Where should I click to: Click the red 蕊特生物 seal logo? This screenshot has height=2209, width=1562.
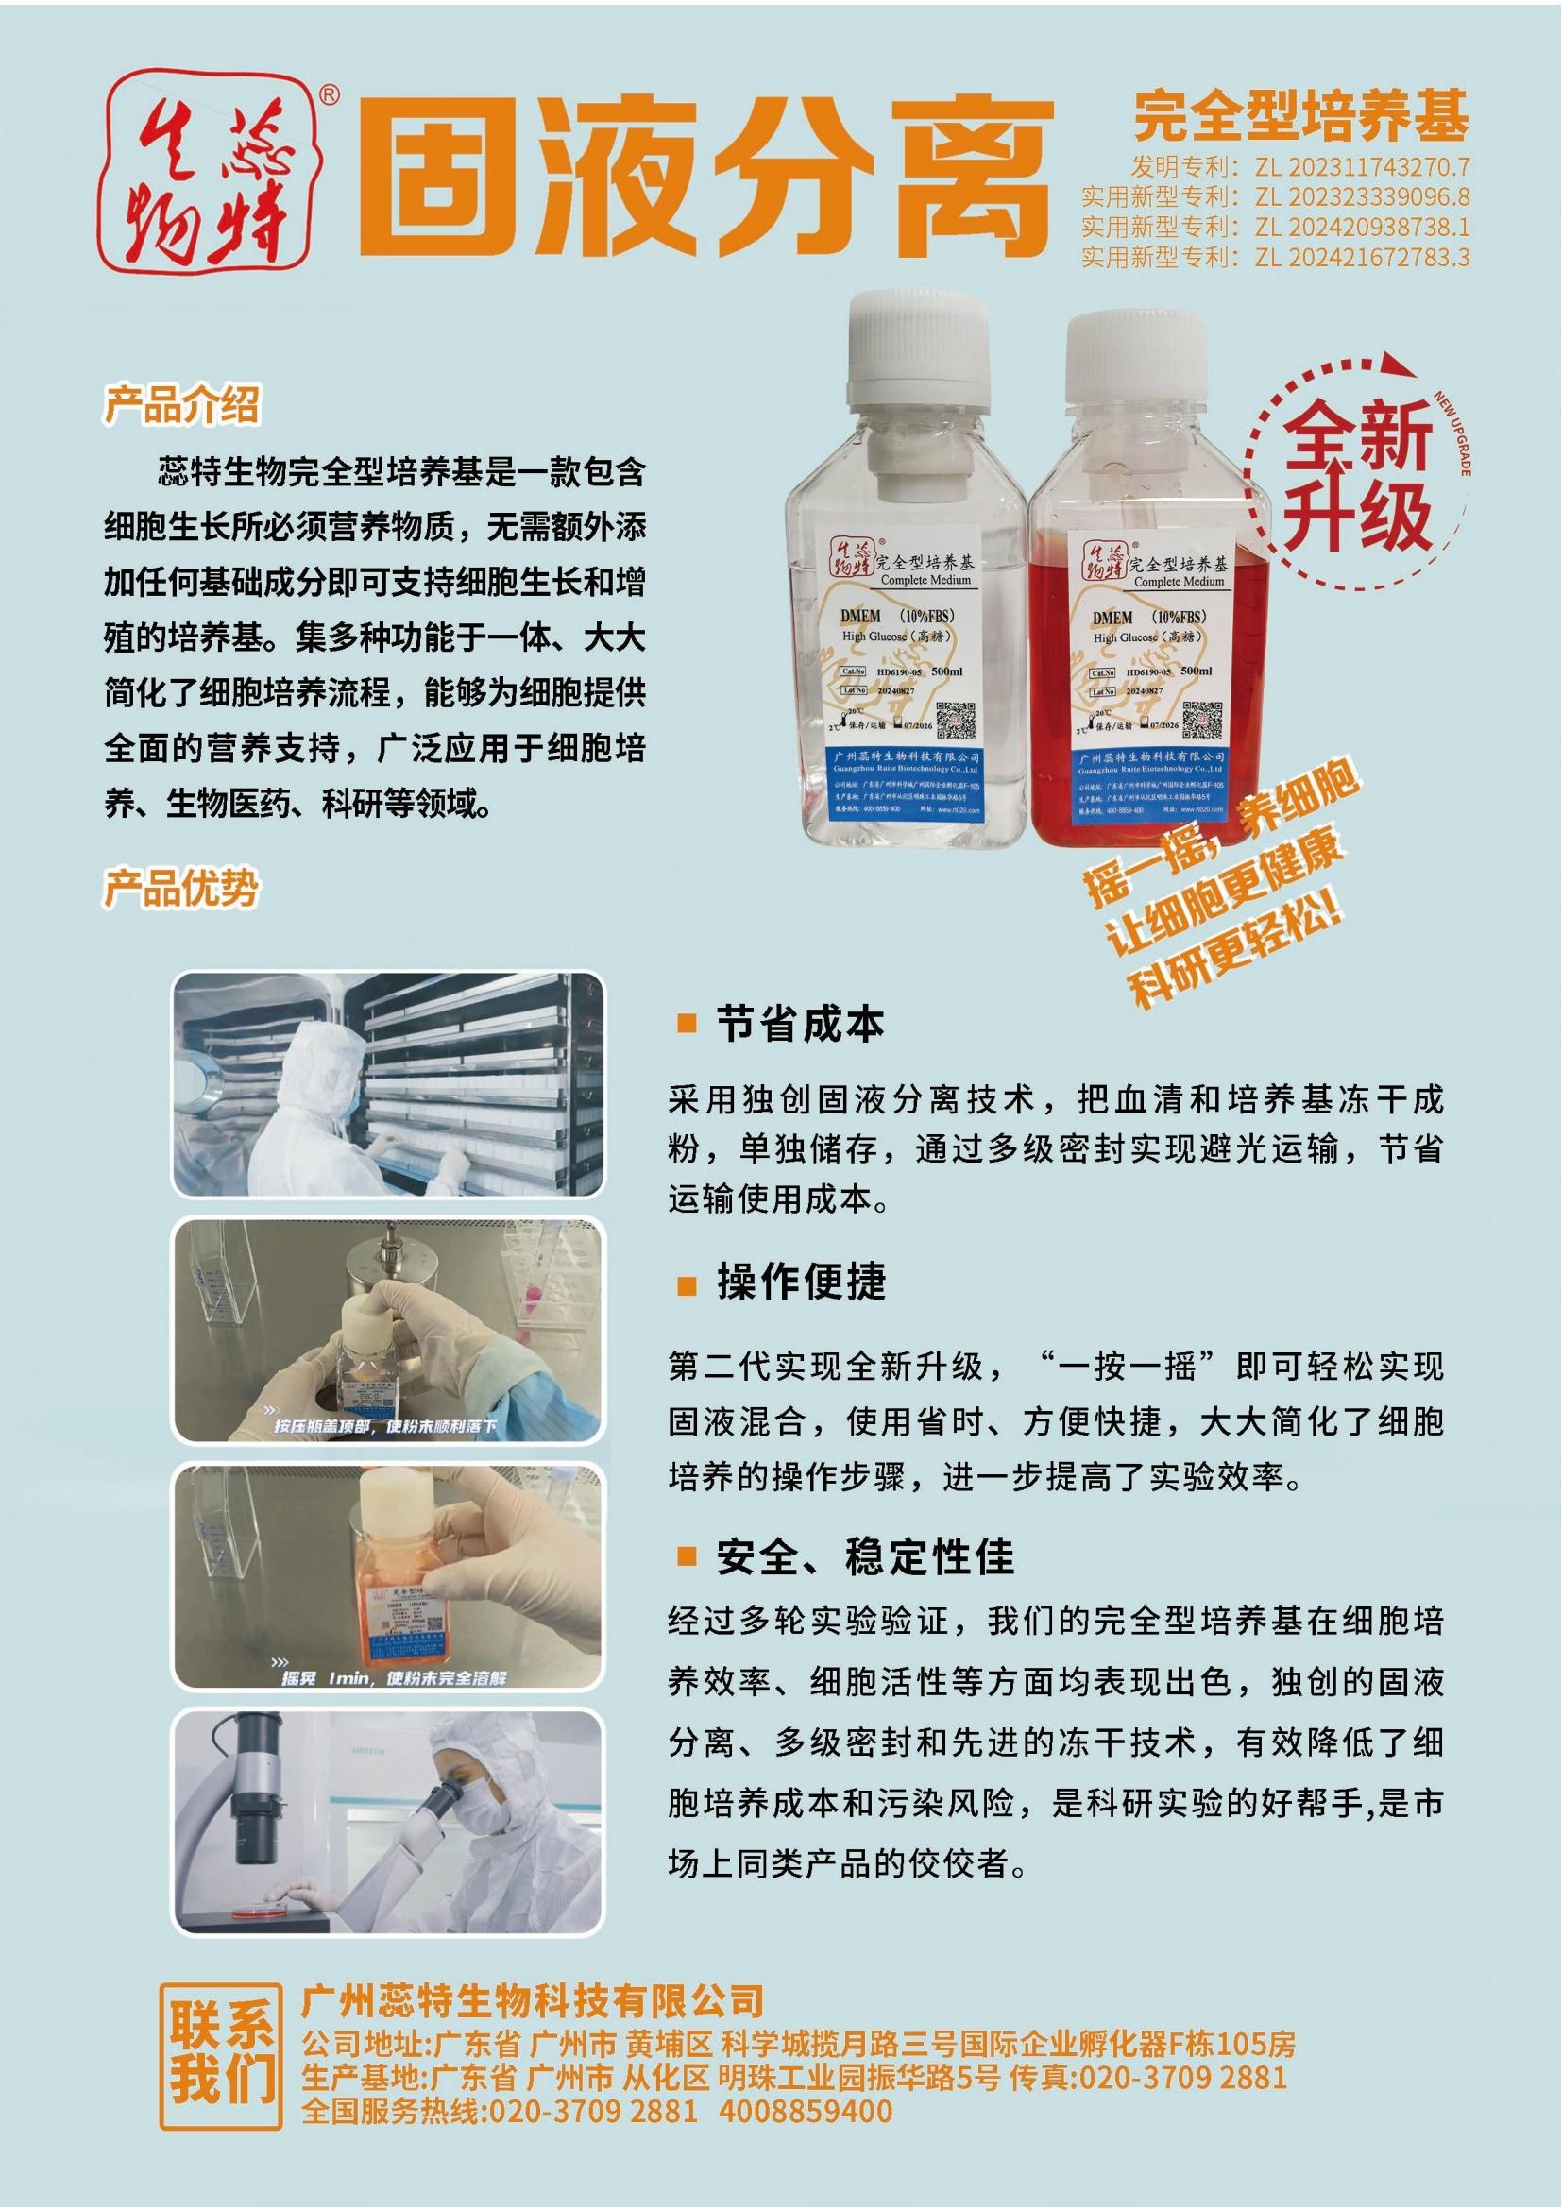tap(212, 171)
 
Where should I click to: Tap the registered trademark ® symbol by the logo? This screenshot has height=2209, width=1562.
tap(328, 94)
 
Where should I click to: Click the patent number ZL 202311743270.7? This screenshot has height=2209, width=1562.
tap(1361, 167)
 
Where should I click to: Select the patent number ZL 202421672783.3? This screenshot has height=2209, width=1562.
tap(1361, 257)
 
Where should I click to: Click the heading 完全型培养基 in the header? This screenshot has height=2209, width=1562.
tap(1300, 116)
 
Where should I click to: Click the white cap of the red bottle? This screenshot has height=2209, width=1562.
tap(1136, 361)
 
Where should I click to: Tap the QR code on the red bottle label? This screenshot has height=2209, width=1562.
tap(1201, 719)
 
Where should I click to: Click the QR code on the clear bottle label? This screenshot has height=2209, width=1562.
tap(955, 718)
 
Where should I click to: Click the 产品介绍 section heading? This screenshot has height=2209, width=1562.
tap(180, 405)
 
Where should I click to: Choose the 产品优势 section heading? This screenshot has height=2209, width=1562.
tap(180, 887)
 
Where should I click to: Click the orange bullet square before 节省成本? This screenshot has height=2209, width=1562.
tap(686, 1023)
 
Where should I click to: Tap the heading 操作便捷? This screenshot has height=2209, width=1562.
tap(800, 1283)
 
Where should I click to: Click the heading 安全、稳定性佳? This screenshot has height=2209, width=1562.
tap(864, 1556)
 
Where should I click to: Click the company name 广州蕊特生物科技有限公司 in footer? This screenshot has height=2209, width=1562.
tap(532, 2000)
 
